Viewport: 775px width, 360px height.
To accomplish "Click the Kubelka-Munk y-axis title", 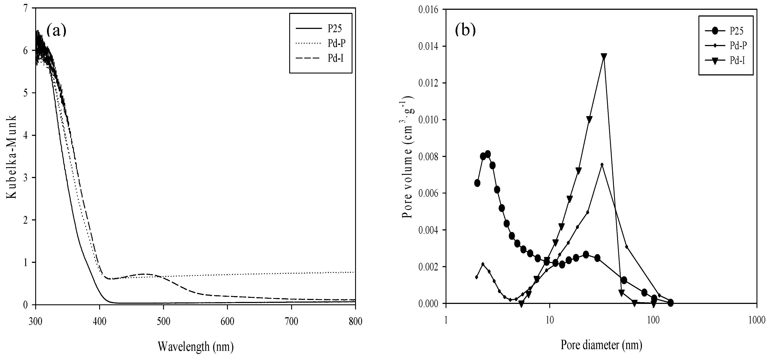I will [12, 156].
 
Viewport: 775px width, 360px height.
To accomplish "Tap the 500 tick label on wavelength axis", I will [163, 322].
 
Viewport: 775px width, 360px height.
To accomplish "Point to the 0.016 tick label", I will [428, 10].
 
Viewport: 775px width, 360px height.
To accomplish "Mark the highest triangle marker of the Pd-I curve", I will [603, 57].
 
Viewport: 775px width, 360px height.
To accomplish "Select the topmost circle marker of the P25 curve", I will [488, 154].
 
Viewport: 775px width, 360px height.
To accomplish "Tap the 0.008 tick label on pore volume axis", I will [428, 157].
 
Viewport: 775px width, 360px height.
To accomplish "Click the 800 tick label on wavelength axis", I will [355, 322].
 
